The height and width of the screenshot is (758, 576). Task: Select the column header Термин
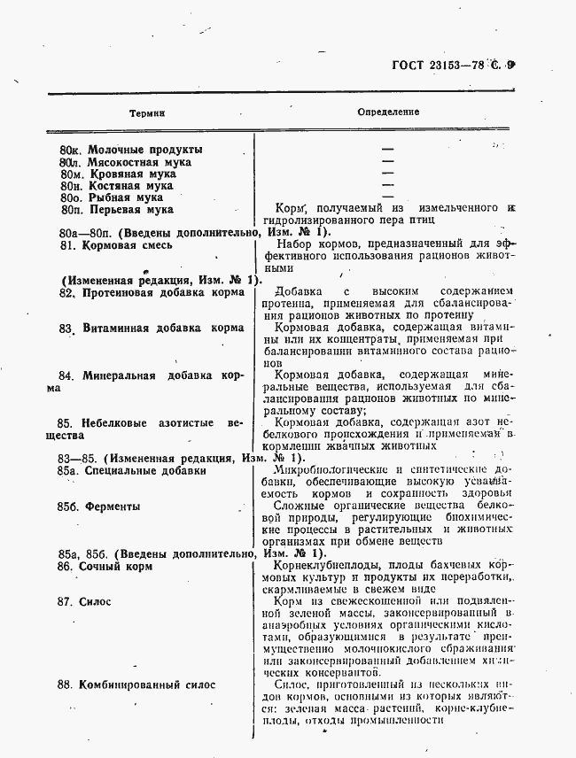click(x=147, y=113)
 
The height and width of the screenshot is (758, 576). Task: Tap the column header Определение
click(x=388, y=112)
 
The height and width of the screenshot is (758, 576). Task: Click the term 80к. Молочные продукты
click(x=131, y=149)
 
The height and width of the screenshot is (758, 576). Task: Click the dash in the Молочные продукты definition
click(x=387, y=149)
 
